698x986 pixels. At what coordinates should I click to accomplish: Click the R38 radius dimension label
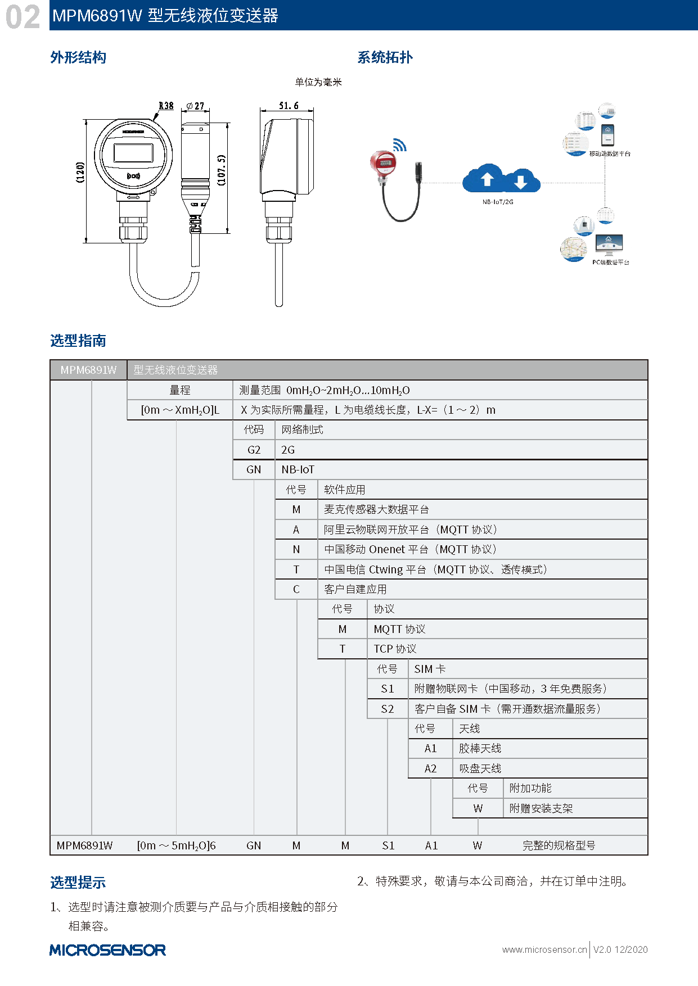pos(166,106)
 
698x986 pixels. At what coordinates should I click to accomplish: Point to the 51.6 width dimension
pos(289,106)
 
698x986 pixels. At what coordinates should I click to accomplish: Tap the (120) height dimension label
pos(80,172)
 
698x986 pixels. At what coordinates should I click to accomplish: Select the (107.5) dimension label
pos(221,170)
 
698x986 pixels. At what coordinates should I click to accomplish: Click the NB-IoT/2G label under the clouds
pos(498,202)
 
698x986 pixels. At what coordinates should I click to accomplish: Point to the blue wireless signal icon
pos(400,145)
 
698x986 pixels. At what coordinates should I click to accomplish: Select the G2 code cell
pos(254,450)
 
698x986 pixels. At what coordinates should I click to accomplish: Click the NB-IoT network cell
pos(298,469)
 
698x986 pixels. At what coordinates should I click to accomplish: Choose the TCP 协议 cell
pos(395,649)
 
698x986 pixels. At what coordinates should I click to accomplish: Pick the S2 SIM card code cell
pos(388,709)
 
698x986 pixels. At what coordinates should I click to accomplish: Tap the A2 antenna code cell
pos(430,768)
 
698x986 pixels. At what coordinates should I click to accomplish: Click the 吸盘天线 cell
pos(480,768)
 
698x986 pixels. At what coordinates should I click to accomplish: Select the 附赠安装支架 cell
pos(541,808)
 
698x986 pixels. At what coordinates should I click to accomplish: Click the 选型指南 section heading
pos(78,341)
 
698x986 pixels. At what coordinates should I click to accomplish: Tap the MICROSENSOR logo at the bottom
pos(107,950)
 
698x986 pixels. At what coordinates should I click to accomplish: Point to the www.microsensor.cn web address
pos(544,949)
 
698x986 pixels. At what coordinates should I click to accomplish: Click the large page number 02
pos(23,17)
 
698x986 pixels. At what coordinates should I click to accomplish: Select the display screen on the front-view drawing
pos(133,153)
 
